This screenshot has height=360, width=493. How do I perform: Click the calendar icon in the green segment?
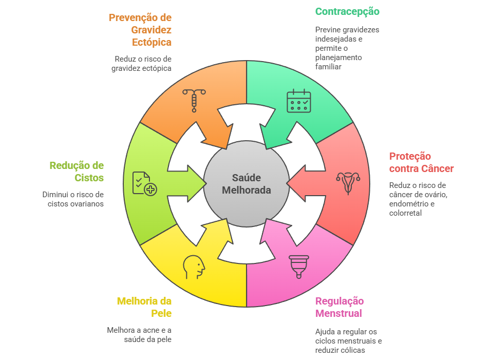(x=298, y=101)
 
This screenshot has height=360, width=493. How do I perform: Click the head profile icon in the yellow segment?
(x=194, y=267)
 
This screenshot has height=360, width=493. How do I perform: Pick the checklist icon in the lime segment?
(x=144, y=183)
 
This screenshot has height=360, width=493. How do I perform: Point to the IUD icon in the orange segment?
(x=194, y=100)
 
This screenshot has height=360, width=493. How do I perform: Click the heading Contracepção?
(x=347, y=11)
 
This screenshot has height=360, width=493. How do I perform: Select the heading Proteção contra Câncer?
(x=421, y=162)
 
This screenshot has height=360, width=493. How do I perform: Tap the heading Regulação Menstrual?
(x=339, y=307)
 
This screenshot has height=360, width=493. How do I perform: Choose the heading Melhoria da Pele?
(x=144, y=307)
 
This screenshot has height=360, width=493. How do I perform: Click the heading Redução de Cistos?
(x=77, y=172)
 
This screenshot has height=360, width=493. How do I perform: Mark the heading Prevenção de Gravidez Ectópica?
(x=140, y=30)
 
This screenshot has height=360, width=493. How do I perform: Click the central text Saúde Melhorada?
(x=246, y=184)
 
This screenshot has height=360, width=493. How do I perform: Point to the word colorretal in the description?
(x=405, y=213)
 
